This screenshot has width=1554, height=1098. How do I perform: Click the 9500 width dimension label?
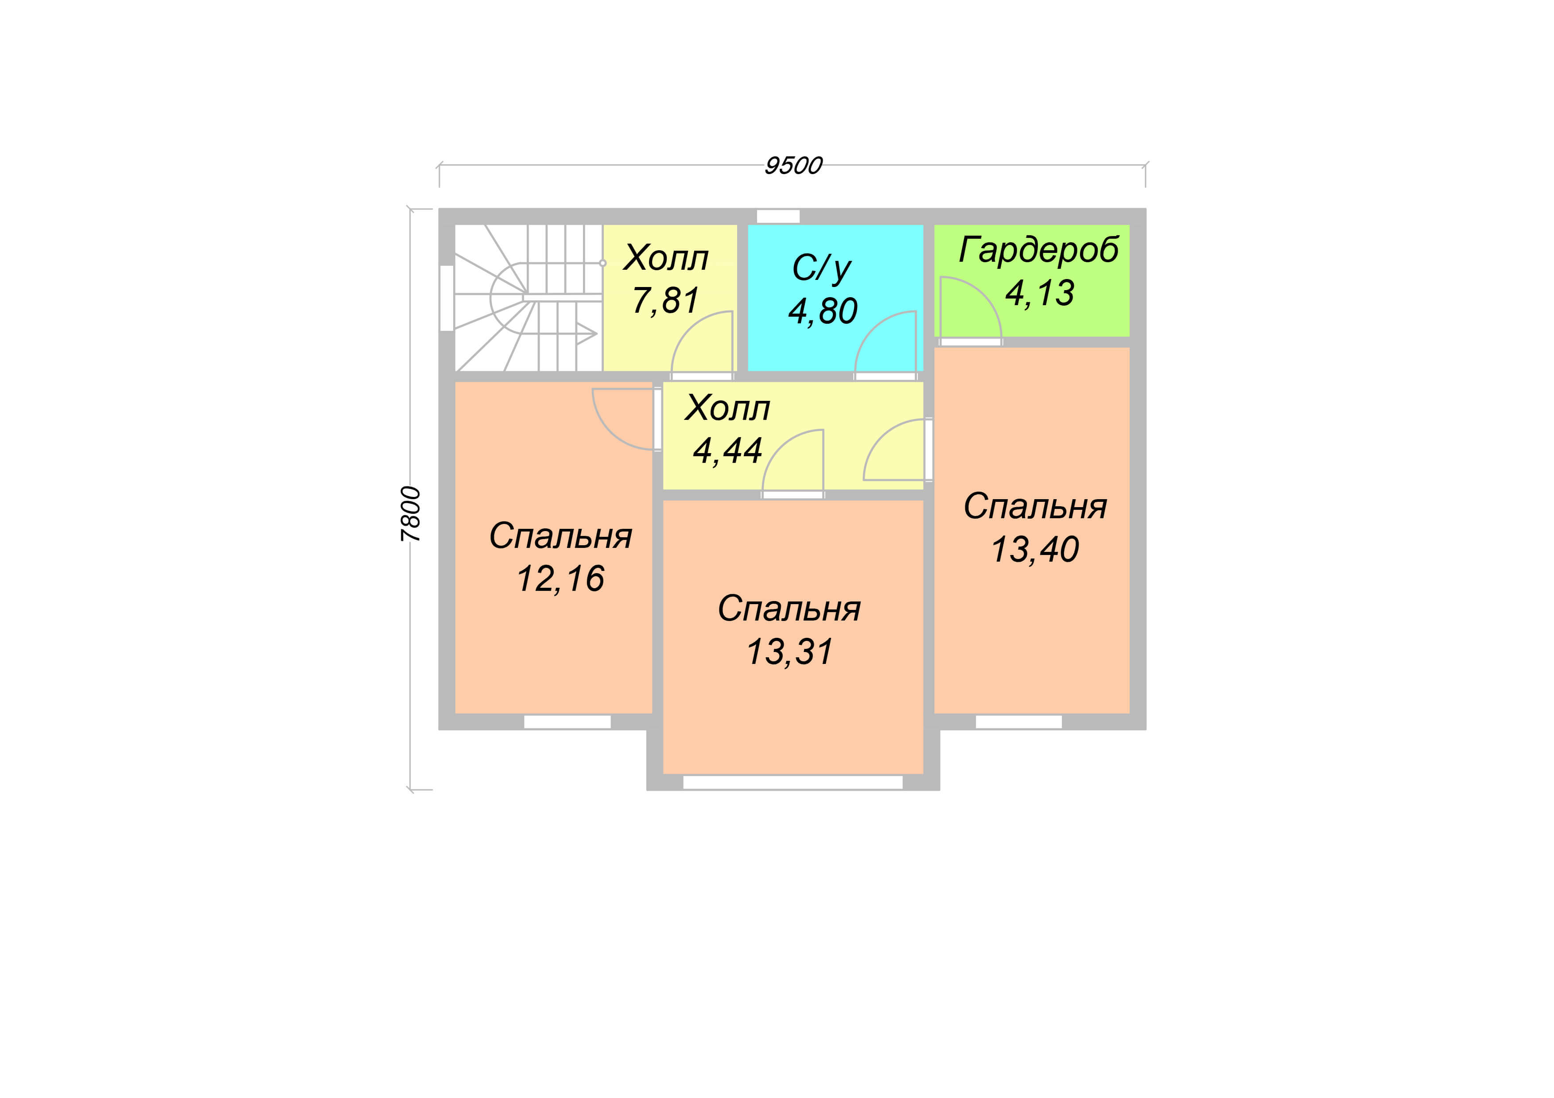tap(793, 166)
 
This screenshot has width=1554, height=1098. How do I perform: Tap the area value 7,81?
tap(665, 300)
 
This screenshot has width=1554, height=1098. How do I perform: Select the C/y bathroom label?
tap(822, 268)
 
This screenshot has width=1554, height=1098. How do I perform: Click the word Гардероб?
tap(1038, 250)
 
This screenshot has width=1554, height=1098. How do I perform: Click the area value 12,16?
tap(560, 579)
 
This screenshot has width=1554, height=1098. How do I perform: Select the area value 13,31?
tap(789, 652)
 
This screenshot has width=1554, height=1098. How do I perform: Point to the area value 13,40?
tap(1035, 549)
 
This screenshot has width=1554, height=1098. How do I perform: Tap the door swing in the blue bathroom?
tap(885, 341)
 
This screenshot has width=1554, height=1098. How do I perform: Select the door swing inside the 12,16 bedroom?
tap(623, 419)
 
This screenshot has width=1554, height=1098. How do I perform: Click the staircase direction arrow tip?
tap(596, 334)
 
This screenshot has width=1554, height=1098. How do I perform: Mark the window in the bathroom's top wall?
tap(778, 217)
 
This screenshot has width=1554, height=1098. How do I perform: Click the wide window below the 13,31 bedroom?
tap(793, 783)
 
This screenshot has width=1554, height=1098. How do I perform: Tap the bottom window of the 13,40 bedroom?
tap(1018, 722)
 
